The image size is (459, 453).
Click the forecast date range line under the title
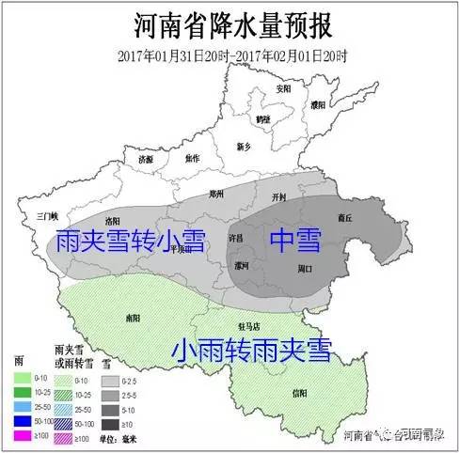click(230, 53)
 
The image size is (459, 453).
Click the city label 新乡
click(244, 147)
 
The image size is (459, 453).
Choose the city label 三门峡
click(47, 215)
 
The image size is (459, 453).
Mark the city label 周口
click(303, 270)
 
